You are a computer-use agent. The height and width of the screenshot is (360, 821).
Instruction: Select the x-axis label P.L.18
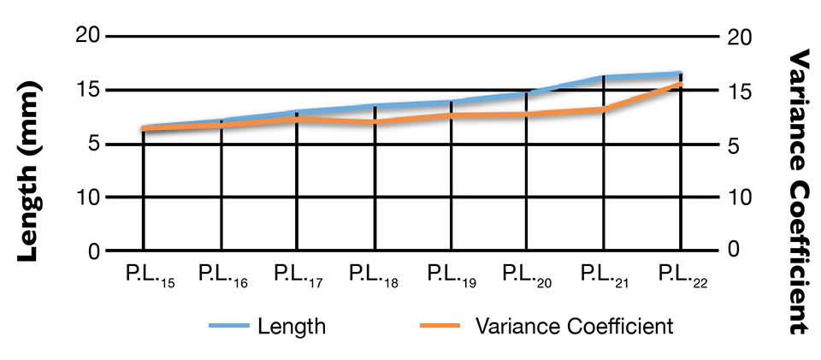pos(373,275)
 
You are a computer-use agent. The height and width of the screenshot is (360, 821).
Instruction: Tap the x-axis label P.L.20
pos(525,275)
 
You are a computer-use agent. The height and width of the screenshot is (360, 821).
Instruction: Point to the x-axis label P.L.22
pos(681,275)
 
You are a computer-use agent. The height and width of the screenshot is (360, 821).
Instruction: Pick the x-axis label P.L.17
pos(298,275)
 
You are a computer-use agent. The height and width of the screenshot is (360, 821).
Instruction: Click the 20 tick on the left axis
pos(89,36)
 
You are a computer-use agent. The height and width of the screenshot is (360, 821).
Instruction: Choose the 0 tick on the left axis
pos(94,251)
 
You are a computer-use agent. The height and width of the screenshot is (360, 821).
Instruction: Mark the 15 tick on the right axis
pos(741,91)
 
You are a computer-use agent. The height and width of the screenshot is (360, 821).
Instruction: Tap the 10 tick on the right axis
pos(741,198)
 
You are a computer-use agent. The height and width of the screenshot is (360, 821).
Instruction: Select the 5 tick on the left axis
pos(94,145)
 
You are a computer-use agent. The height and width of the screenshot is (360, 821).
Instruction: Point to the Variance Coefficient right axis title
pos(797,190)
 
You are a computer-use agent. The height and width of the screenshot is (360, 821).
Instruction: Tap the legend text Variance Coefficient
pos(573,326)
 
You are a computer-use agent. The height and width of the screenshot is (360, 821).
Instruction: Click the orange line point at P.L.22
pos(681,84)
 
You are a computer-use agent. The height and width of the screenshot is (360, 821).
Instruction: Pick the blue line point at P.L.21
pos(604,78)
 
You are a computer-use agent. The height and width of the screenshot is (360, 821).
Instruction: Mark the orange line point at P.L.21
pos(604,109)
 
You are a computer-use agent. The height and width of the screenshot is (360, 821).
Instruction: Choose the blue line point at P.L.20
pos(525,94)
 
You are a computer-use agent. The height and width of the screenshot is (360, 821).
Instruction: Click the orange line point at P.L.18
pos(375,122)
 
